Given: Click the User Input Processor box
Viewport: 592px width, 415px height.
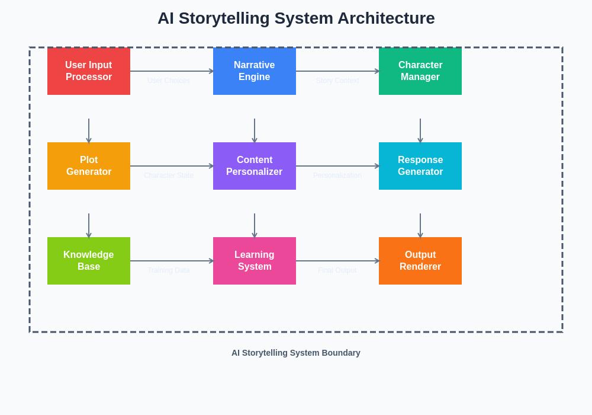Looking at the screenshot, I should click(x=89, y=71).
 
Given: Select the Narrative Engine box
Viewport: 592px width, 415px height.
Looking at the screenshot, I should click(x=255, y=71).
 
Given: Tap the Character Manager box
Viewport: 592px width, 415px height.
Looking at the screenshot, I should click(x=420, y=71).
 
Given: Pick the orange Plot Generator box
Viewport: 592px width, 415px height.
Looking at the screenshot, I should click(x=89, y=166).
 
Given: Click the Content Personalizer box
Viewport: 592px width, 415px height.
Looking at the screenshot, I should click(x=255, y=166).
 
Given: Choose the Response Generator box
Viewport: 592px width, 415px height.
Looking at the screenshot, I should click(x=420, y=166).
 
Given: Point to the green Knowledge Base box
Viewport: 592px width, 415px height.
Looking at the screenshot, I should click(x=89, y=261).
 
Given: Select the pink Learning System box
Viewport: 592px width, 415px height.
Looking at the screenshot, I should click(x=255, y=261).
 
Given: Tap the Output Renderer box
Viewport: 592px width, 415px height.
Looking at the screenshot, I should click(x=420, y=261).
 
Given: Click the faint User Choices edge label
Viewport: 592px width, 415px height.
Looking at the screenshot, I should click(x=169, y=81).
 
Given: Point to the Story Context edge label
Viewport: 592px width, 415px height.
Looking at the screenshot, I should click(x=337, y=81).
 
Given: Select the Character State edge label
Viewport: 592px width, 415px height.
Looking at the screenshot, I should click(x=169, y=175).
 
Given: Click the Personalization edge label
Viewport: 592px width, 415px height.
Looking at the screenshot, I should click(x=337, y=175).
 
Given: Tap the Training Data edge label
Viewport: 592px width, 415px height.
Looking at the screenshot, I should click(x=169, y=270).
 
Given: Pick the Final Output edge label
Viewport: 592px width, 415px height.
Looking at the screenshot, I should click(x=337, y=270).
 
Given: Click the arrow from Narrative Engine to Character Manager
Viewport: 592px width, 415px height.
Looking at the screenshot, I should click(x=337, y=71).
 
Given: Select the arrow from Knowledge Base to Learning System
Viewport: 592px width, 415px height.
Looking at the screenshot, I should click(x=172, y=261).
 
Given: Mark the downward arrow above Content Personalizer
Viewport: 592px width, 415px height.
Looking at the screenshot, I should click(x=255, y=130).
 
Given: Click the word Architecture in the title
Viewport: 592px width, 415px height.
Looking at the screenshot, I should click(x=386, y=18).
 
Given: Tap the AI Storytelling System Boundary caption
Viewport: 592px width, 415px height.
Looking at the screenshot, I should click(x=296, y=353).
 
